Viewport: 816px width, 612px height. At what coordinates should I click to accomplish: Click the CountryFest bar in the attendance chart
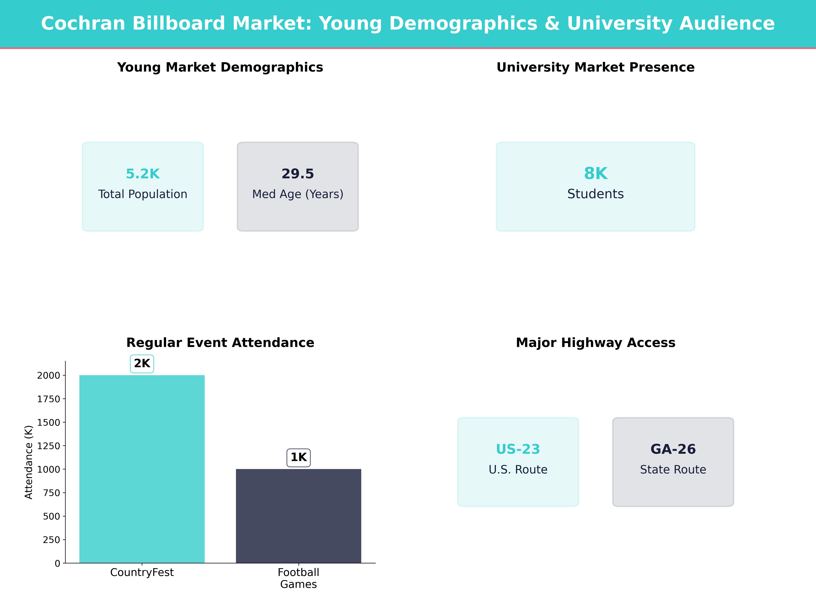point(142,469)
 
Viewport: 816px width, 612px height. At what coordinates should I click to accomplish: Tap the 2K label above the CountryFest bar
point(142,364)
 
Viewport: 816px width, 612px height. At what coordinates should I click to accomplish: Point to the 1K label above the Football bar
point(299,457)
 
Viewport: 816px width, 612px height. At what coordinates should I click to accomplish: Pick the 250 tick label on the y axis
point(51,540)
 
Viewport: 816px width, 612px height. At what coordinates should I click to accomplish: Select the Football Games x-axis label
point(299,578)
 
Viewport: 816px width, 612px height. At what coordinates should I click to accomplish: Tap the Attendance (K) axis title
point(29,462)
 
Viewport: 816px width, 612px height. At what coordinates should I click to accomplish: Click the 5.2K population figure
point(143,174)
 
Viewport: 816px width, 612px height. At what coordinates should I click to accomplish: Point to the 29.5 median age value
point(298,174)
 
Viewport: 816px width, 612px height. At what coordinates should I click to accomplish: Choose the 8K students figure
point(595,173)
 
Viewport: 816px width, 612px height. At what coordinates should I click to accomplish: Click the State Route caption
point(673,470)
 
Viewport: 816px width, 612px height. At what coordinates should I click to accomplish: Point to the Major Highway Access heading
point(595,343)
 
